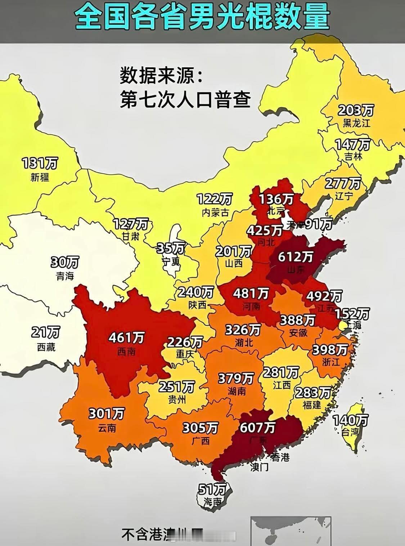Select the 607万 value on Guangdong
point(258,428)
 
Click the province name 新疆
point(40,177)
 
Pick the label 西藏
point(46,347)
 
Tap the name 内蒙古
point(215,212)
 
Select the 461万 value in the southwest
point(126,338)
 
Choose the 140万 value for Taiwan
point(350,420)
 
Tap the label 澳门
point(259,467)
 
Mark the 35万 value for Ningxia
point(171,248)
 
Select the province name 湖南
point(237,391)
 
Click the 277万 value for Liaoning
point(343,183)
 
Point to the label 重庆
point(185,354)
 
